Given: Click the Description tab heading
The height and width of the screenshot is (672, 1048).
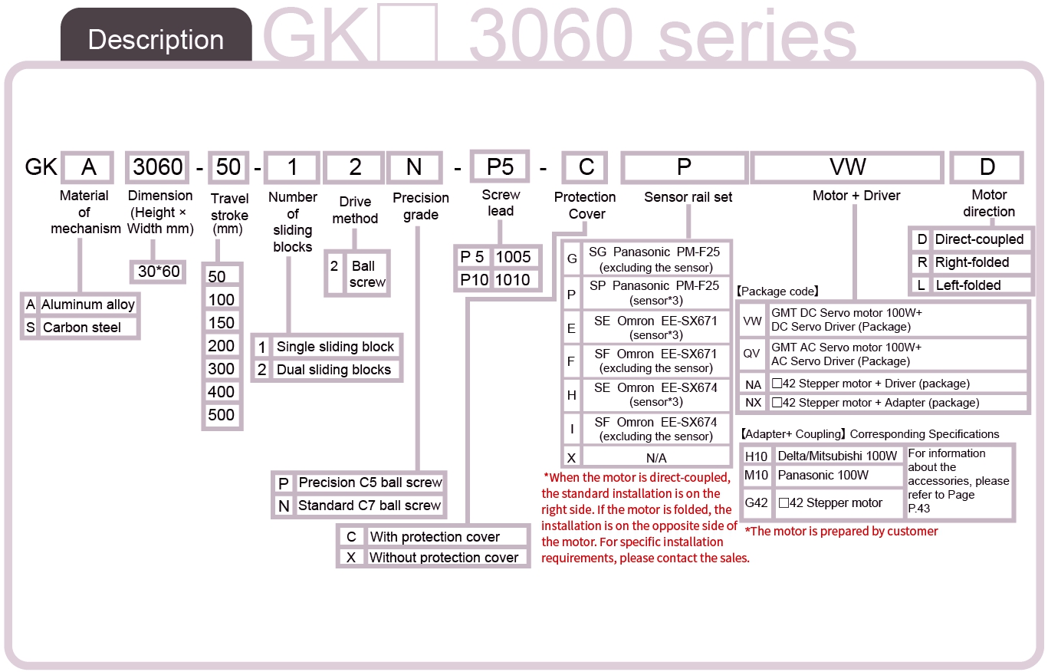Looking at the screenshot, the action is click(156, 39).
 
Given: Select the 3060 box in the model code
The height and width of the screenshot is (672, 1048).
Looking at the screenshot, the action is click(157, 167).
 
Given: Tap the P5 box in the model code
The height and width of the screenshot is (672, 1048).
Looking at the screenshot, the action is click(500, 166).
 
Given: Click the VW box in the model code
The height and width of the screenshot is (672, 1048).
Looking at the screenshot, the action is click(847, 167).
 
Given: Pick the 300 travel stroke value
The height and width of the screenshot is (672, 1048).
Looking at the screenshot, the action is click(222, 369).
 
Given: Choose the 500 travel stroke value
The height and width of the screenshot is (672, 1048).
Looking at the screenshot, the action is click(222, 415).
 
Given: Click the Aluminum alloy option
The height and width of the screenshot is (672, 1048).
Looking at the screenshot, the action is click(88, 305).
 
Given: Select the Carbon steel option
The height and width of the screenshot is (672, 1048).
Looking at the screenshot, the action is click(82, 328).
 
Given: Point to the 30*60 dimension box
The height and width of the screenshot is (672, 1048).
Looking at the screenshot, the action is click(158, 272).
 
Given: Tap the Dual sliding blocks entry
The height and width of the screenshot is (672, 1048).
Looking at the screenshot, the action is click(333, 370).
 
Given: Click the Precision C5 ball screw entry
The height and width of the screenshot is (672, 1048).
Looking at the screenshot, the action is click(370, 483).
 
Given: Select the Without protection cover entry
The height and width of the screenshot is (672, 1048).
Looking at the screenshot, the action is click(444, 557).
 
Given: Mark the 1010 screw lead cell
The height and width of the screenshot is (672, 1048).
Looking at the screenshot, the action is click(512, 280).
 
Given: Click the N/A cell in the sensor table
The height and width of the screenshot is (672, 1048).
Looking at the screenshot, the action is click(656, 458).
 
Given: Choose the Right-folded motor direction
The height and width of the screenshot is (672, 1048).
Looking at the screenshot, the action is click(972, 262).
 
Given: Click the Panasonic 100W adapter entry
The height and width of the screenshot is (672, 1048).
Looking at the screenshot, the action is click(823, 476).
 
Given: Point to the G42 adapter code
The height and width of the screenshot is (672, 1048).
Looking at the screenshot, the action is click(756, 503).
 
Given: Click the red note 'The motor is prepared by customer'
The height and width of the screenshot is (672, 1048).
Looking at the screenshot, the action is click(841, 531).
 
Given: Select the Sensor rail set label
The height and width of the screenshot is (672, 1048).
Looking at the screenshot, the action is click(688, 197).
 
